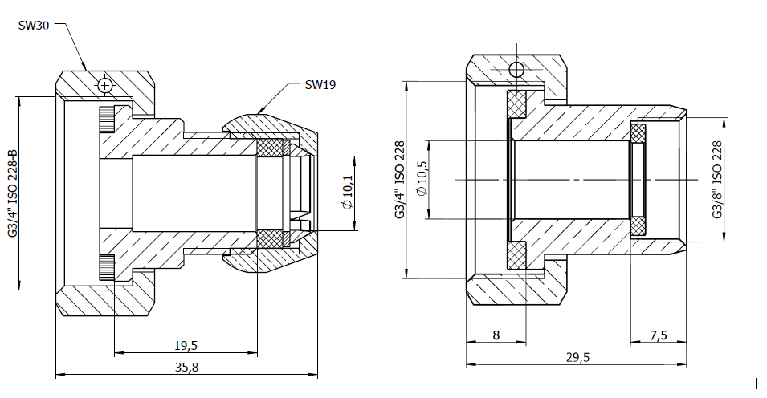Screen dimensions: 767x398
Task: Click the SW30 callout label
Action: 33,26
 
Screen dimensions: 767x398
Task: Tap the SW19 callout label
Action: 320,84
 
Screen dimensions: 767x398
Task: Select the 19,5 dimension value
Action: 186,346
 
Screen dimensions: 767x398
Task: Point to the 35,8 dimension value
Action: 187,368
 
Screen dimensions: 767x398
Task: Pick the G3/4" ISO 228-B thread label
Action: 13,193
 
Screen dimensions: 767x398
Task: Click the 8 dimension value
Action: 496,335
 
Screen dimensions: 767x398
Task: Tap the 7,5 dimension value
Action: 659,335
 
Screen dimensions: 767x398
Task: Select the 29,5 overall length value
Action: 578,357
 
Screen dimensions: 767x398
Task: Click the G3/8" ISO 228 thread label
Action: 717,180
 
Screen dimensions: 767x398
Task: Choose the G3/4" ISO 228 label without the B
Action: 400,180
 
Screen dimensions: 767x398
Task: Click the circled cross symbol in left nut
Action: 104,86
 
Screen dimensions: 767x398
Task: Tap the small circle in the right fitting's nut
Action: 516,70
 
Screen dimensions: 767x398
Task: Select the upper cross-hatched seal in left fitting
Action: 270,148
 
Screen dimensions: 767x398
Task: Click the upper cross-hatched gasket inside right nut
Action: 516,104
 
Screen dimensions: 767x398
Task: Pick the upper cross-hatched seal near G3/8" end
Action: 638,133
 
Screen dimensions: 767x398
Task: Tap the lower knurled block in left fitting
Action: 107,267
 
